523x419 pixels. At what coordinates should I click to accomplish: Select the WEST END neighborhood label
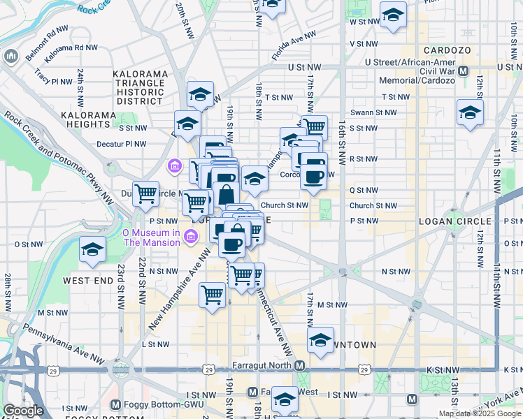(88, 280)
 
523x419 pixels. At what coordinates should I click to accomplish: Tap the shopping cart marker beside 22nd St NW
(145, 193)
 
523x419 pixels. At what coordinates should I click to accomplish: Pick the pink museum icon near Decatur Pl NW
(174, 167)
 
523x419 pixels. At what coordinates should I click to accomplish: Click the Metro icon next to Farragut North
(299, 365)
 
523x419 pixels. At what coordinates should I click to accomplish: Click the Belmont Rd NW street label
(48, 31)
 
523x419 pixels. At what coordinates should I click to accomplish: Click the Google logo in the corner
(23, 410)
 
